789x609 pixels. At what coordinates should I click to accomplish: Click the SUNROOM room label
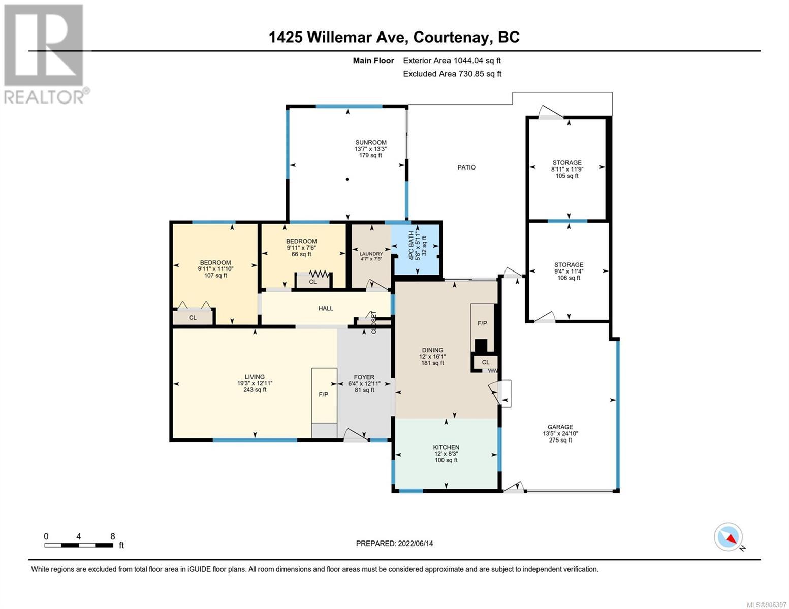point(370,142)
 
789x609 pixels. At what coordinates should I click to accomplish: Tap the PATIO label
point(466,167)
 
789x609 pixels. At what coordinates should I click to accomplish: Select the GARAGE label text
point(560,427)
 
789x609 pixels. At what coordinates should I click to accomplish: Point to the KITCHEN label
point(446,447)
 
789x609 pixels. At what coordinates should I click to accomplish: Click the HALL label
point(326,308)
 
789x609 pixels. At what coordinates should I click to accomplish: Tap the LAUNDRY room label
point(371,254)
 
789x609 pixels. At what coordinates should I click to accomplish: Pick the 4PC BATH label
point(411,246)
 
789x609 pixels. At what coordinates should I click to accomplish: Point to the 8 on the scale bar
point(113,536)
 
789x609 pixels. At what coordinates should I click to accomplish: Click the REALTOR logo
point(46,54)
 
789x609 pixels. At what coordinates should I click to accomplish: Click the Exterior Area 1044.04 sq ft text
point(452,60)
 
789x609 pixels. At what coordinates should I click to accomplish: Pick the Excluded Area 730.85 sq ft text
point(452,74)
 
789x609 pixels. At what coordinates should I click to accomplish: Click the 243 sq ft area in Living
point(255,390)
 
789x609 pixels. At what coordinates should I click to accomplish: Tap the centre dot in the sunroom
point(348,179)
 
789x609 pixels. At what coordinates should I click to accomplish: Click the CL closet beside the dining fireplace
point(486,362)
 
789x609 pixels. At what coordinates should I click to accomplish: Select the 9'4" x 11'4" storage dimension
point(569,272)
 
